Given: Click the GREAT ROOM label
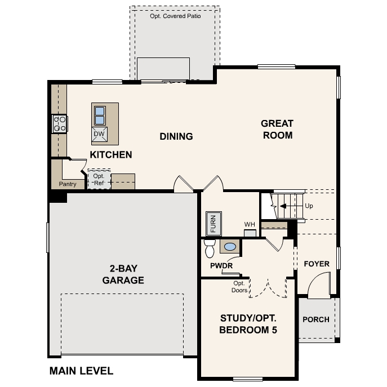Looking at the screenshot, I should click(x=277, y=129).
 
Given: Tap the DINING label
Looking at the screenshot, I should click(x=176, y=136).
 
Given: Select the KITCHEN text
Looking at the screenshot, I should click(x=111, y=154).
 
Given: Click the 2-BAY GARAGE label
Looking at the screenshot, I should click(x=123, y=274).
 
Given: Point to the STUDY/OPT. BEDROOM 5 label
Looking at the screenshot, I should click(x=248, y=324).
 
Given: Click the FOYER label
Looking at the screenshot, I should click(x=316, y=264).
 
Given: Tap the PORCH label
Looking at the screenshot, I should click(x=315, y=319).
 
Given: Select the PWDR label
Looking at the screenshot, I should click(x=221, y=265).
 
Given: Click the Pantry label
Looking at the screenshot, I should click(x=67, y=184).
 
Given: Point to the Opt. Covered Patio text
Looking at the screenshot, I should click(x=175, y=16).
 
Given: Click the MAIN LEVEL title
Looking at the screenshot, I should click(x=81, y=371).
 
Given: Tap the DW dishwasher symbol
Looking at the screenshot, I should click(x=99, y=134).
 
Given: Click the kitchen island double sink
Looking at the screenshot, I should click(x=99, y=115).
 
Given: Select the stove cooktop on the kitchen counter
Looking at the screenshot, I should click(x=60, y=123).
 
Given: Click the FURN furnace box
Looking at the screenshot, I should click(x=213, y=224).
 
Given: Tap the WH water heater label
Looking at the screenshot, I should click(x=250, y=225).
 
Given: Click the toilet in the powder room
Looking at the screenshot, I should click(x=210, y=247).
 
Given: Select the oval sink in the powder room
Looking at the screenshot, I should click(x=230, y=246).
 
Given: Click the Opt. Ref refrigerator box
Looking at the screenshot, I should click(x=99, y=179).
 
